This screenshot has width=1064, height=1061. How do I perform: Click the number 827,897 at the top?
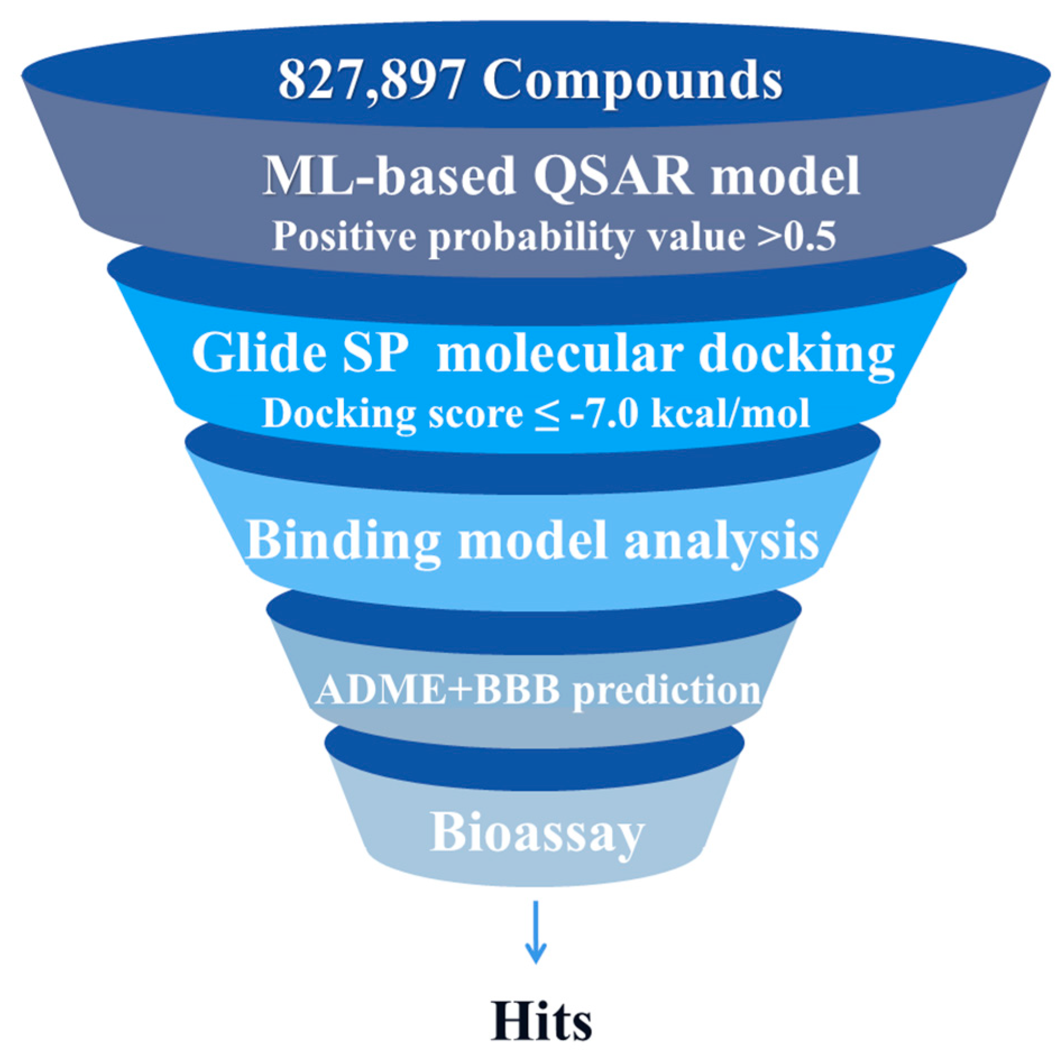click(x=371, y=80)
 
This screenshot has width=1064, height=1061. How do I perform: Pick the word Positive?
click(x=344, y=236)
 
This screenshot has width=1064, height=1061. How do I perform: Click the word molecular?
click(x=560, y=353)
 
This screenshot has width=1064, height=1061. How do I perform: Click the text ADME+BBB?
click(x=438, y=689)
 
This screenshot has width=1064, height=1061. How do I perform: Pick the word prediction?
click(x=667, y=690)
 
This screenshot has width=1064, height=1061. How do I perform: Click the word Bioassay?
click(x=537, y=834)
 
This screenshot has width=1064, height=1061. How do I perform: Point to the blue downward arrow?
click(x=536, y=932)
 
